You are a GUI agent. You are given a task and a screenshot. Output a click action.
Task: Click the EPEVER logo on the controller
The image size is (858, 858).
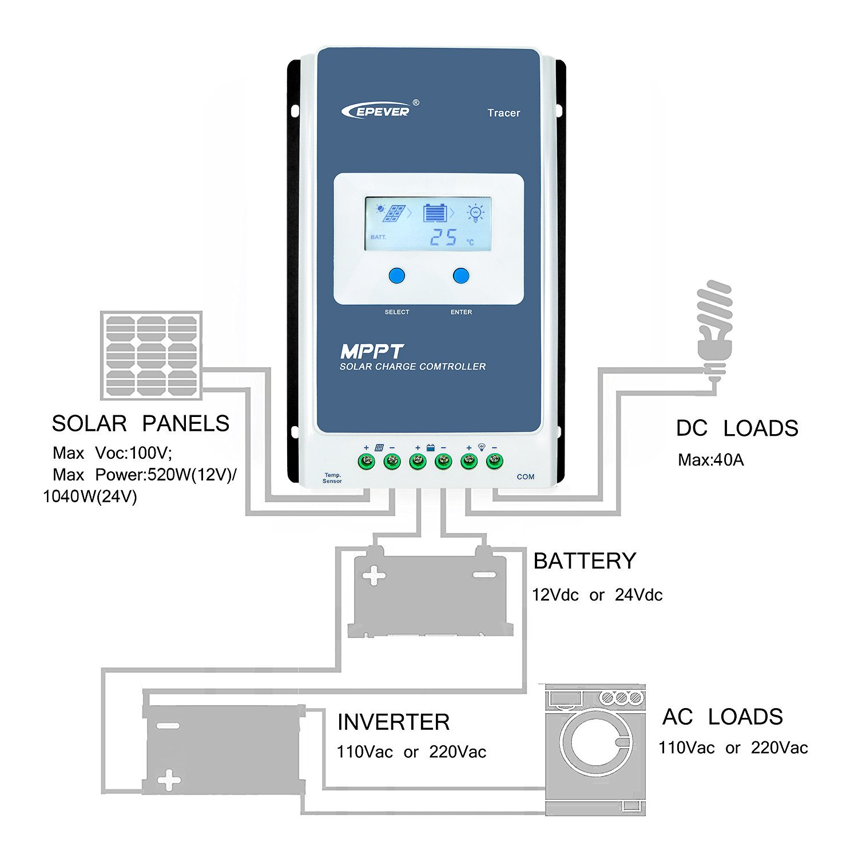(x=380, y=109)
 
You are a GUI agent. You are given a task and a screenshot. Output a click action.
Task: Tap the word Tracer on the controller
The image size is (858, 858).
(x=503, y=113)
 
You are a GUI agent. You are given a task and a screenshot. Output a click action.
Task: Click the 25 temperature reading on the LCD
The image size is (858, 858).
(x=443, y=237)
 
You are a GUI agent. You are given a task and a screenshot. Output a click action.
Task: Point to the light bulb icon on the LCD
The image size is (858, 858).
(x=475, y=213)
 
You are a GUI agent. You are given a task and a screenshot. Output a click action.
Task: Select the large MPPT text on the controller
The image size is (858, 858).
(x=372, y=351)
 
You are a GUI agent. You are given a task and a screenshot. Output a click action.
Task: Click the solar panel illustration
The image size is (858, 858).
(x=151, y=355)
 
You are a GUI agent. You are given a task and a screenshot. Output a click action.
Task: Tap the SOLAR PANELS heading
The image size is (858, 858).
(x=141, y=423)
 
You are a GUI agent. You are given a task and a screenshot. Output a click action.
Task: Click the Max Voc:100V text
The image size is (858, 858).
(x=112, y=453)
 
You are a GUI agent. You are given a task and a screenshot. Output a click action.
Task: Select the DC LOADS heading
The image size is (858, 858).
(x=737, y=428)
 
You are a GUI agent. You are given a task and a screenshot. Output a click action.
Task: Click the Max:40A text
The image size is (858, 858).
(x=710, y=460)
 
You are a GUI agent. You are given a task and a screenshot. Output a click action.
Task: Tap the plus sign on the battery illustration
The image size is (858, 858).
(x=374, y=576)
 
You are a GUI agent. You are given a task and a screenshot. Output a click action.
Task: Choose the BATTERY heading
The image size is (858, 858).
(x=585, y=561)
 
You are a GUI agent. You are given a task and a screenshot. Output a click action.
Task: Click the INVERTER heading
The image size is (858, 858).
(x=394, y=722)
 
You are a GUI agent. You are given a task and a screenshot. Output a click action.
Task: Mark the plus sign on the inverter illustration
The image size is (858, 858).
(x=169, y=780)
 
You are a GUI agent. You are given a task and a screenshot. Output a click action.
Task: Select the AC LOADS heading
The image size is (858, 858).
(x=722, y=717)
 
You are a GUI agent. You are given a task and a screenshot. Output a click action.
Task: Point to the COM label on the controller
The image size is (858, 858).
(x=526, y=476)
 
